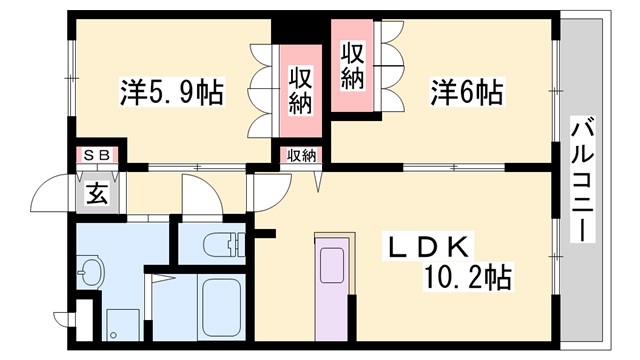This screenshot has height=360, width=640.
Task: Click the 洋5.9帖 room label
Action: coord(171,94)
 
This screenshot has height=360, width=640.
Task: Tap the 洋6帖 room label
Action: coord(467,94)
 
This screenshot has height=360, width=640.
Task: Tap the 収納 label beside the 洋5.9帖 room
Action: coord(301,90)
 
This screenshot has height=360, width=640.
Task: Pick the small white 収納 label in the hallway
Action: coord(301,155)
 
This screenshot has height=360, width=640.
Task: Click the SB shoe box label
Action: coord(98,155)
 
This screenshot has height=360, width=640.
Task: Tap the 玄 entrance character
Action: coord(98,193)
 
